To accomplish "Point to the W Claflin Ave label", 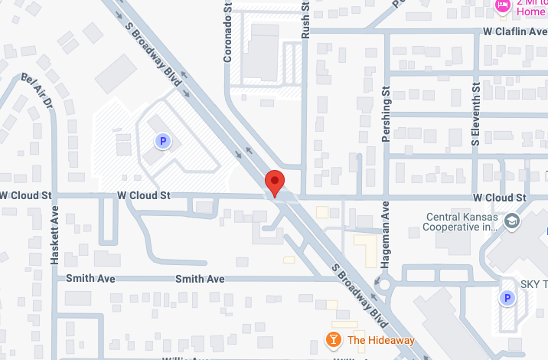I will pyautogui.click(x=515, y=31).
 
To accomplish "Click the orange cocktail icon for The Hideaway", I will pyautogui.click(x=334, y=340).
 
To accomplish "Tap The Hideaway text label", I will pyautogui.click(x=380, y=341).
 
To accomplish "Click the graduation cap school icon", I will pyautogui.click(x=511, y=221).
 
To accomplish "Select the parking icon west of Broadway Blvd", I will pyautogui.click(x=162, y=141).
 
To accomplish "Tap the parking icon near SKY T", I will pyautogui.click(x=506, y=299).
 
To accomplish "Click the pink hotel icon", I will pyautogui.click(x=503, y=6).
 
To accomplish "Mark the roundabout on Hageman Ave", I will pyautogui.click(x=383, y=285).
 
